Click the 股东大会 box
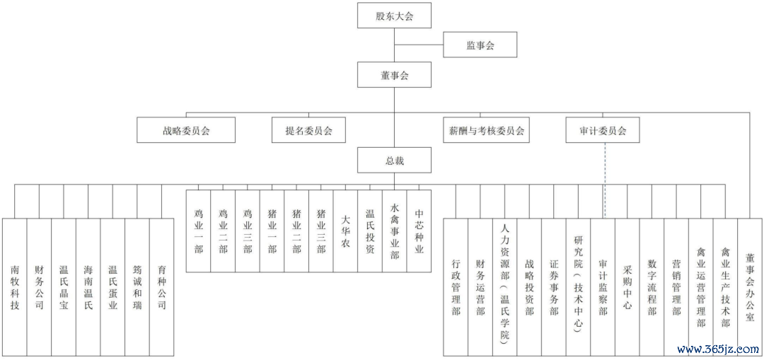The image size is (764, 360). [x=394, y=16]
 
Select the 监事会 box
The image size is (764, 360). [x=480, y=45]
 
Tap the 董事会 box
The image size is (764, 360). [x=394, y=75]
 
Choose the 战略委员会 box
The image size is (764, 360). [x=186, y=130]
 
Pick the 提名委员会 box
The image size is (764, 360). [x=309, y=130]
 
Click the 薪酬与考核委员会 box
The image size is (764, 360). [x=486, y=130]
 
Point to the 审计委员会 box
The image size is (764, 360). [x=603, y=130]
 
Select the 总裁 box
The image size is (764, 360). [x=394, y=161]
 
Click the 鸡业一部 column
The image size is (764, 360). [x=198, y=231]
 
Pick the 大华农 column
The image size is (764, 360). [x=345, y=231]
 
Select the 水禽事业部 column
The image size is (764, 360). [x=395, y=231]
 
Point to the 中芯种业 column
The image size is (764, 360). [x=419, y=231]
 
